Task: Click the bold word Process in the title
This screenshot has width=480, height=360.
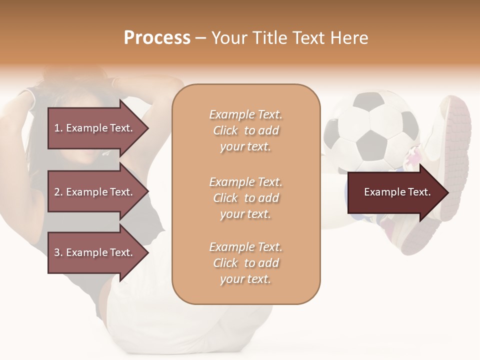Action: click(157, 38)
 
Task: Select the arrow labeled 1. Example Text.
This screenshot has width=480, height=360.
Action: click(95, 128)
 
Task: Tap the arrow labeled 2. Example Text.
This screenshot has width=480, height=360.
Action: click(95, 192)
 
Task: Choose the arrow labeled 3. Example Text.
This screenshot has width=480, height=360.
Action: click(95, 252)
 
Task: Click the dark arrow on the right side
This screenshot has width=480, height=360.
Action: click(395, 192)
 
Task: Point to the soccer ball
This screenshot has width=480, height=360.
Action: click(370, 132)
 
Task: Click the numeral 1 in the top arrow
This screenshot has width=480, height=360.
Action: click(57, 128)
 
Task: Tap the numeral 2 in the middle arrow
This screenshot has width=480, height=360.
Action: click(57, 192)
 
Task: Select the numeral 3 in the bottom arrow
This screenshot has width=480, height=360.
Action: click(57, 252)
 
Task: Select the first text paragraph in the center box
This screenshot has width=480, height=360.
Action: click(245, 130)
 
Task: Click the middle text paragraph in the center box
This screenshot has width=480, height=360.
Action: click(245, 198)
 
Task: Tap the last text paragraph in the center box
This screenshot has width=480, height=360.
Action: click(245, 263)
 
